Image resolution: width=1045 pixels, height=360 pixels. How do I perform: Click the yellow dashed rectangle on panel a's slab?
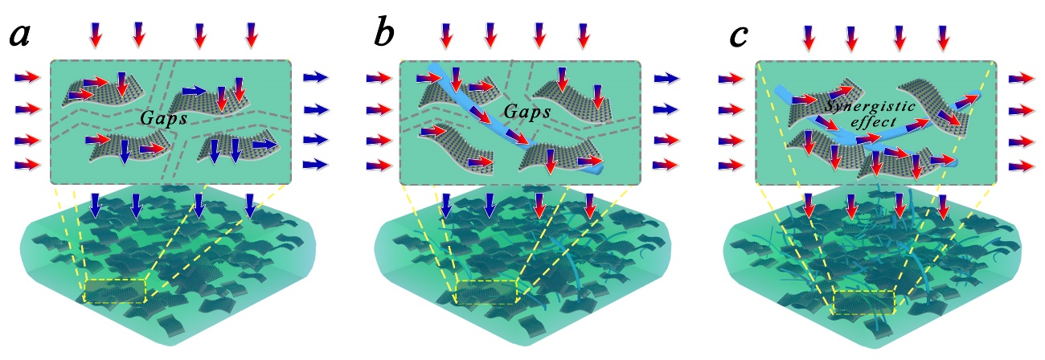115,290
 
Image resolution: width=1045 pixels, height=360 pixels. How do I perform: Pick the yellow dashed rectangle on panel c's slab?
864,302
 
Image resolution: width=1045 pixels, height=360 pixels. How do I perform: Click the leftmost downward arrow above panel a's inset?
96,35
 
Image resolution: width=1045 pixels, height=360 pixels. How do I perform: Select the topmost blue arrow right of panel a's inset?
315,78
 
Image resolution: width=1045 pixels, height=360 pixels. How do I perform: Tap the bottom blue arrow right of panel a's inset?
315,164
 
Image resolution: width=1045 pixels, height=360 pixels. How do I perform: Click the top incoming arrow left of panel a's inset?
27,78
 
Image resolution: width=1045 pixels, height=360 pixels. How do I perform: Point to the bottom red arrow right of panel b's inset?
667,165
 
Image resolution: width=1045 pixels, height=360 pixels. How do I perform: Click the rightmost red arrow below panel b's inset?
589,206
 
